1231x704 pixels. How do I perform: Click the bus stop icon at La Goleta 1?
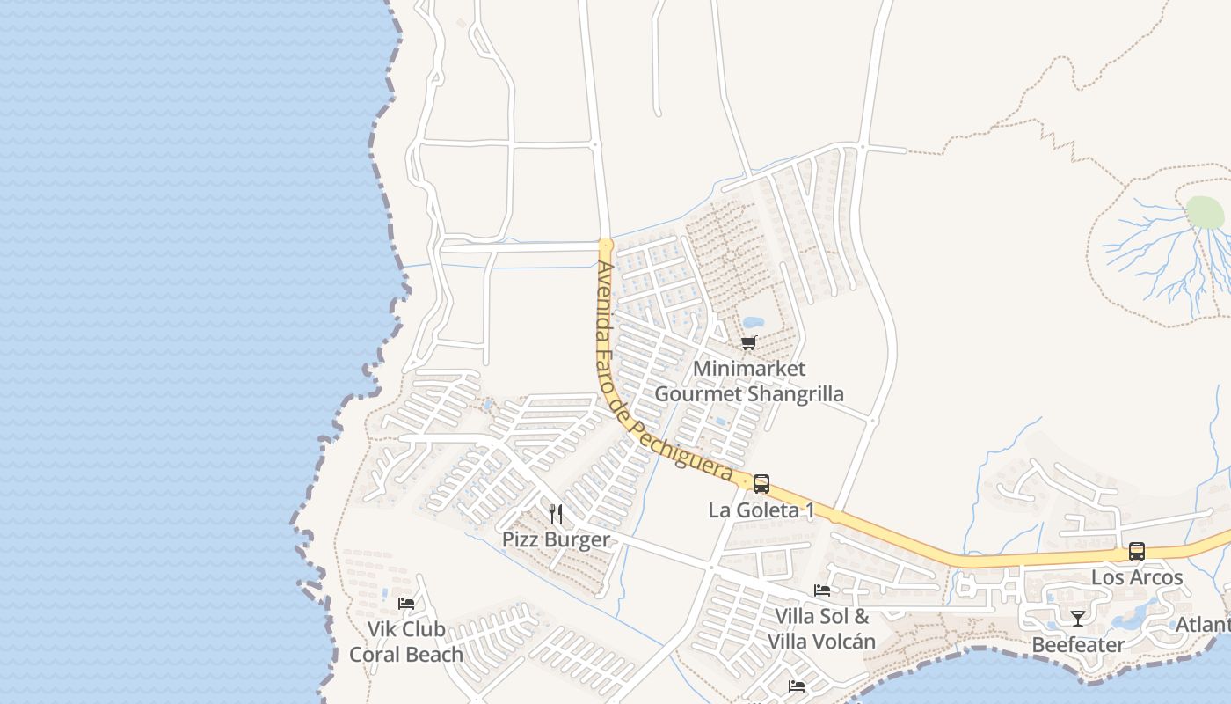coord(761,483)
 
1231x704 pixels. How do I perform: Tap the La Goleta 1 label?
coord(761,510)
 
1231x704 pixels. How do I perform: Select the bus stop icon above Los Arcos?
coord(1137,552)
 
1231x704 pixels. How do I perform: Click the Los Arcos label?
coord(1137,578)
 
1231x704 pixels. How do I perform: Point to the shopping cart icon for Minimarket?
coord(748,342)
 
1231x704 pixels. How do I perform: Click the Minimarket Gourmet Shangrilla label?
coord(749,381)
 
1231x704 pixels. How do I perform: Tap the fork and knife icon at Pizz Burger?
coord(556,513)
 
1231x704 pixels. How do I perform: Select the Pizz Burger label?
coord(556,539)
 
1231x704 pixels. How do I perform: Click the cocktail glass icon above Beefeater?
coord(1077,618)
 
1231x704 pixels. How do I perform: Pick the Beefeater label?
coord(1077,645)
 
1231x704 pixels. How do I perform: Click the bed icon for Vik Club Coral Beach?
coord(406,603)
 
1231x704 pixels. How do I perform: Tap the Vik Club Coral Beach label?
coord(406,642)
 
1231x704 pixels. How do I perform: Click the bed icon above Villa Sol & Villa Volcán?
coord(822,590)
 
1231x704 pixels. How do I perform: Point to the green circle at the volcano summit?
coord(1205,212)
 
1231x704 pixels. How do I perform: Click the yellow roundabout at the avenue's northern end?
coord(605,245)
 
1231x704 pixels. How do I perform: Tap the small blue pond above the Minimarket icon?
coord(754,322)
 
